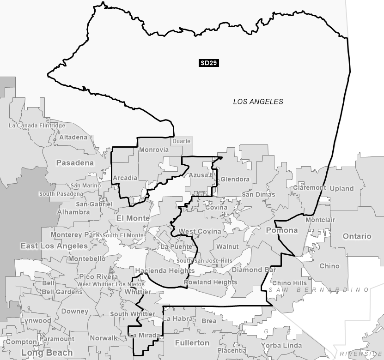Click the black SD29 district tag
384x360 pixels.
tap(209, 63)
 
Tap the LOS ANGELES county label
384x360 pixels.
tap(258, 102)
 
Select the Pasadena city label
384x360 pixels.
tap(75, 163)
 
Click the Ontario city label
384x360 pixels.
tap(357, 236)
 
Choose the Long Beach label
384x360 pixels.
tap(47, 353)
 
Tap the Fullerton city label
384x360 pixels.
tap(192, 343)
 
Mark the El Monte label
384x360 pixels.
tap(133, 218)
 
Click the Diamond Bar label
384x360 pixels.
tap(254, 270)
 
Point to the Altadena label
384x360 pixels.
tap(73, 138)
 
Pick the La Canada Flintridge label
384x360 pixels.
tap(37, 126)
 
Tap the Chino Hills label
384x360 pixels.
tap(289, 283)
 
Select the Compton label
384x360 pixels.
tap(21, 342)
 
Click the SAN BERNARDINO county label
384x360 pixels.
tap(319, 290)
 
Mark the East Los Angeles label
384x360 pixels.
tap(54, 246)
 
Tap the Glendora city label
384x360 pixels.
tap(235, 180)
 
